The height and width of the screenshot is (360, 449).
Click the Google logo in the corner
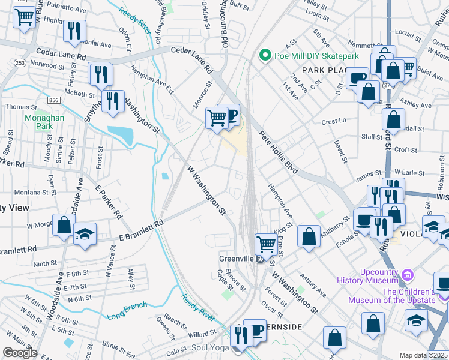pos(20,353)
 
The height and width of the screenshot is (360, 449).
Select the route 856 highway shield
pos(55,100)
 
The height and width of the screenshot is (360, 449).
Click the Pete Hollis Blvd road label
pos(279,153)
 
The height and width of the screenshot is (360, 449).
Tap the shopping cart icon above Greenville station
pos(265,244)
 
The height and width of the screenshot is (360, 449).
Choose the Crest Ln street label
pos(331,121)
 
